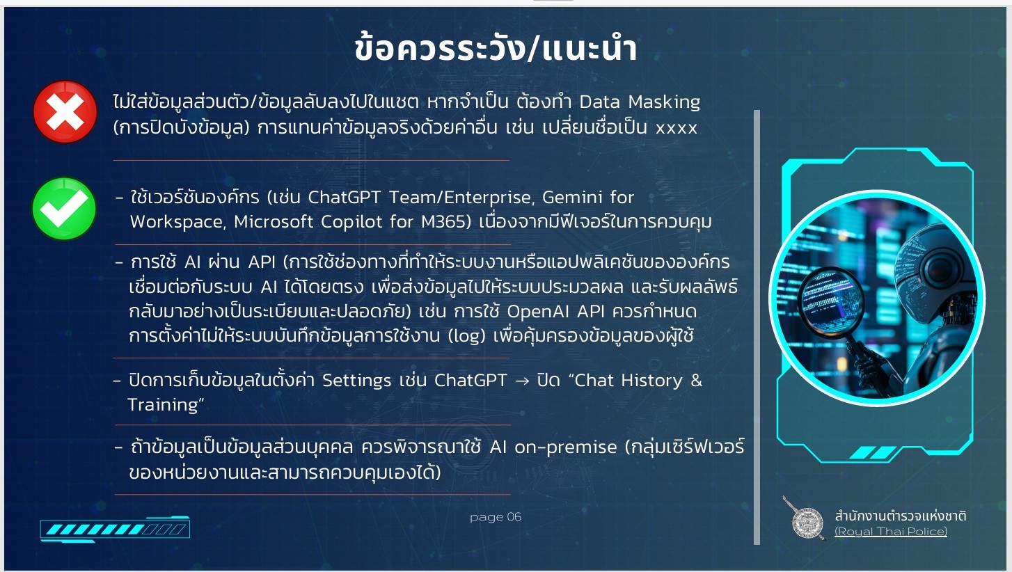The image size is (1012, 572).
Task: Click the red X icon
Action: [65, 111]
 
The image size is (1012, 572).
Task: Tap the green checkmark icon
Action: [64, 208]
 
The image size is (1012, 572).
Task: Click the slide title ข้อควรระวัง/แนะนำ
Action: [496, 48]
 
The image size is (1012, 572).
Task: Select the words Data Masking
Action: [640, 102]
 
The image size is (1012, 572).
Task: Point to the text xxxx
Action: [677, 128]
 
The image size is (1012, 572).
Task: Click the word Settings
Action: [356, 381]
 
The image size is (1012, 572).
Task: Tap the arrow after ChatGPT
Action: [522, 381]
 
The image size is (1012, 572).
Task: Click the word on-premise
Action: [566, 447]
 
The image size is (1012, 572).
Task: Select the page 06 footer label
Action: [496, 516]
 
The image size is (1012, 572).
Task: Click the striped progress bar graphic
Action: [115, 529]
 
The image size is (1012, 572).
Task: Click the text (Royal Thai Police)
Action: [890, 531]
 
